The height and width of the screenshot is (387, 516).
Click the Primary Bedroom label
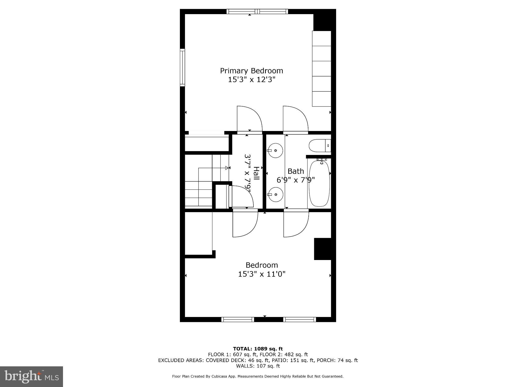(251, 71)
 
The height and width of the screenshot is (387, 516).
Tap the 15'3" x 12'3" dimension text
(251, 80)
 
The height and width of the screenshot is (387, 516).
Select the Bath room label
(296, 171)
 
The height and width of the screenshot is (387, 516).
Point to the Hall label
(256, 173)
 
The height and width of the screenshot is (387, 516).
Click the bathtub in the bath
(319, 183)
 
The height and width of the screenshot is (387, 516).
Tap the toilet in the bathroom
(318, 146)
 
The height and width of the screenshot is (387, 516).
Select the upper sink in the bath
(275, 150)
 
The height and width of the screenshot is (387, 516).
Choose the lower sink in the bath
(275, 195)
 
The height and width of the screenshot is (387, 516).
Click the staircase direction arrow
(227, 168)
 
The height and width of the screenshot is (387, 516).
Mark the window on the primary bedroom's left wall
(182, 68)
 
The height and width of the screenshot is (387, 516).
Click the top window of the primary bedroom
(257, 11)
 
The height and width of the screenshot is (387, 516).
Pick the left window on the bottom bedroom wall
(238, 319)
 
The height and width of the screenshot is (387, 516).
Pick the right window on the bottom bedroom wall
(299, 319)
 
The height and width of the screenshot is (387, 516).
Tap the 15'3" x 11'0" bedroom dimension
(262, 274)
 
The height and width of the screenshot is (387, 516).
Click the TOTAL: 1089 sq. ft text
(258, 349)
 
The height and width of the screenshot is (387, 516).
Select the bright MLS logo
(31, 376)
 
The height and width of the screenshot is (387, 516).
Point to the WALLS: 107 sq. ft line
(258, 366)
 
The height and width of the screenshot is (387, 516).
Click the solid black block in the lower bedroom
(322, 249)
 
